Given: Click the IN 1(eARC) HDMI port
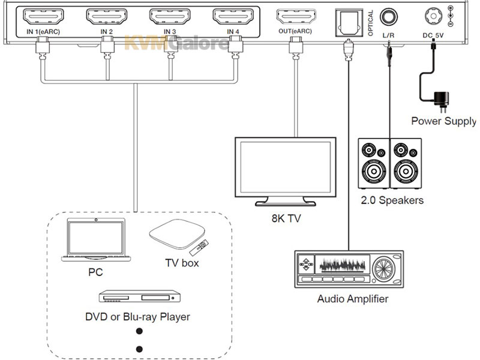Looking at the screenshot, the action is [43, 17].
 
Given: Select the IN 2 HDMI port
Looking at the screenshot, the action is [107, 17].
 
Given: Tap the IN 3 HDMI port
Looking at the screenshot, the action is [170, 17].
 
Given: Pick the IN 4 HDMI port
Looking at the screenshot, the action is [233, 17].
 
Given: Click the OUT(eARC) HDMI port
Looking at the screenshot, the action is [296, 17].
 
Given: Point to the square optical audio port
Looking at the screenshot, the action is [349, 22].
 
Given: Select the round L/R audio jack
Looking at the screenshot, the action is [389, 17].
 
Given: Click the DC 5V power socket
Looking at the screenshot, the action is [434, 16].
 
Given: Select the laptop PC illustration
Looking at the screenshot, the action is [96, 239].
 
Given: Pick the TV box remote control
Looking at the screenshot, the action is [199, 248].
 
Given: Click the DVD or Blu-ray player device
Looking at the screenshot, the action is [140, 296].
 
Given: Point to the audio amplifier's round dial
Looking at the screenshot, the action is [383, 269].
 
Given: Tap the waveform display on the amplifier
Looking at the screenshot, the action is [342, 264].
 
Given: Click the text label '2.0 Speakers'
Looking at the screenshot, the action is [392, 200].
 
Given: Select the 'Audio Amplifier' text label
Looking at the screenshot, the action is [353, 299].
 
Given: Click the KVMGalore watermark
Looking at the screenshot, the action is [176, 43].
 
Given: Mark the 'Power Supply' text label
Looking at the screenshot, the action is [443, 121].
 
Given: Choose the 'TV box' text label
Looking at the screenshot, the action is [182, 263].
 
